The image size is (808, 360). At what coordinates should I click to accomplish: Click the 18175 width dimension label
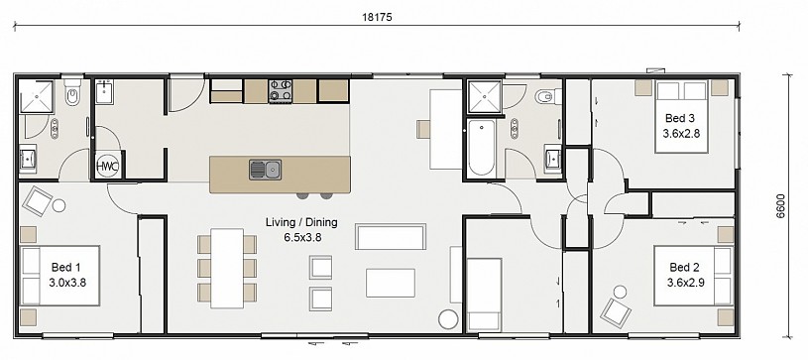click(377, 17)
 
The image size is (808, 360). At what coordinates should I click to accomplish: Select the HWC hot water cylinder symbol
click(108, 166)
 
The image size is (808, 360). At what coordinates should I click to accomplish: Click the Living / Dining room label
click(301, 222)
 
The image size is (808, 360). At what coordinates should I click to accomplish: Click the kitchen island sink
click(266, 170)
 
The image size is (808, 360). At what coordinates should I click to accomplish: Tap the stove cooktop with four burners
click(281, 91)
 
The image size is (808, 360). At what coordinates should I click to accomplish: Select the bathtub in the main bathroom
click(482, 148)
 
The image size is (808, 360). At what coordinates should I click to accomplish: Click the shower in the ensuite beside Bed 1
click(36, 96)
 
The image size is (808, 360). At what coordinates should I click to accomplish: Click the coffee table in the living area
click(390, 283)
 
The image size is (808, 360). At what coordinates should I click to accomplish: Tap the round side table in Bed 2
click(620, 292)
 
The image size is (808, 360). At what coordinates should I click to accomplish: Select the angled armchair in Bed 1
click(37, 201)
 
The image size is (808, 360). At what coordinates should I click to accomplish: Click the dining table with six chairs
click(227, 268)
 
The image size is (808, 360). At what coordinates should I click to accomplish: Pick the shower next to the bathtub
click(484, 96)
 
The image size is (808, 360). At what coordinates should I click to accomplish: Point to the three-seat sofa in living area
click(391, 236)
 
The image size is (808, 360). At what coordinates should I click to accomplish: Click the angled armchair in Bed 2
click(616, 312)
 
